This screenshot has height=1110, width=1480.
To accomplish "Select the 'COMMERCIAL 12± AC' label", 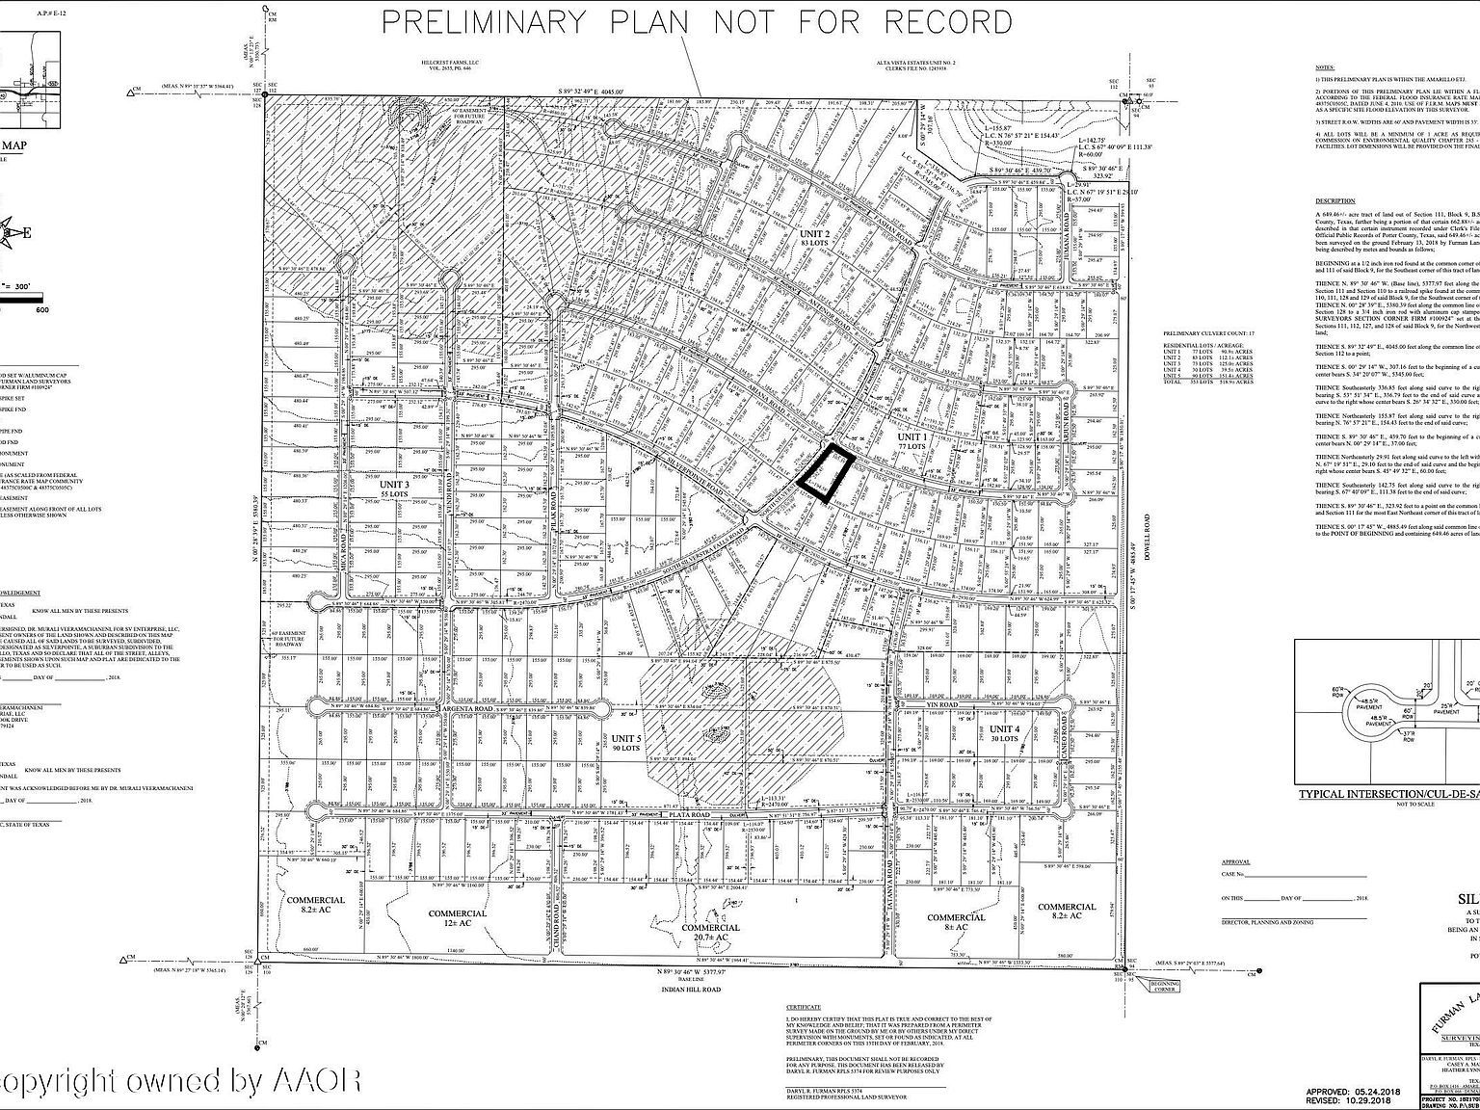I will pyautogui.click(x=457, y=918).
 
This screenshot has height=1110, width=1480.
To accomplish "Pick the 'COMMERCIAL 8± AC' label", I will pyautogui.click(x=956, y=923).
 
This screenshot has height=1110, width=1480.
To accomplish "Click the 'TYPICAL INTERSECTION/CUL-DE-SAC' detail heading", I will pyautogui.click(x=1387, y=794).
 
